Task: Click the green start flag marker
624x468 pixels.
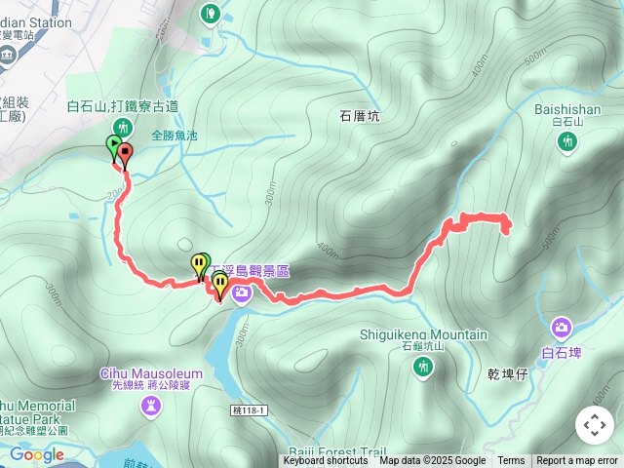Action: click(x=114, y=146)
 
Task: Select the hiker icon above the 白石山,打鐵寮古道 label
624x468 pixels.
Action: click(x=122, y=126)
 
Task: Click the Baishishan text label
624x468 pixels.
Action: click(x=567, y=109)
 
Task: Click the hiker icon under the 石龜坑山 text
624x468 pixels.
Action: click(x=423, y=366)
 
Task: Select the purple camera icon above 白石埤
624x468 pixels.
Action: click(x=562, y=328)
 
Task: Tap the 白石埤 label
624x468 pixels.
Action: click(x=562, y=352)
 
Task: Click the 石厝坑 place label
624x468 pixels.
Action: click(x=360, y=115)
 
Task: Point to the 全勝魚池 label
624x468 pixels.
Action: click(x=175, y=136)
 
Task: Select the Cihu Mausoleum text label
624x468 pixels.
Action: click(x=151, y=373)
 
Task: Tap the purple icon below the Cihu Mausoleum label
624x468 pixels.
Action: click(x=151, y=404)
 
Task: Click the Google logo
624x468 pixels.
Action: click(x=37, y=454)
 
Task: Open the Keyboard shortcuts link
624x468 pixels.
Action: click(x=326, y=461)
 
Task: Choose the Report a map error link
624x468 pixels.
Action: click(x=577, y=461)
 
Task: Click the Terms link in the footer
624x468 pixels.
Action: click(x=511, y=461)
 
